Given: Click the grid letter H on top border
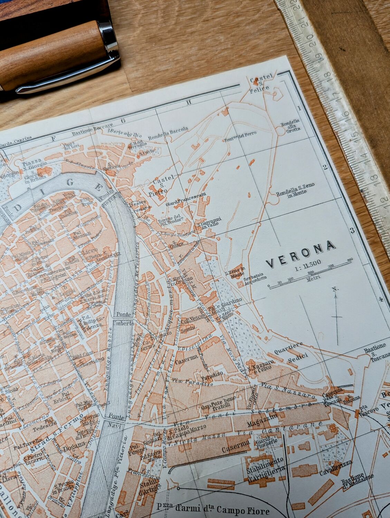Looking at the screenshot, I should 189,102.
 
